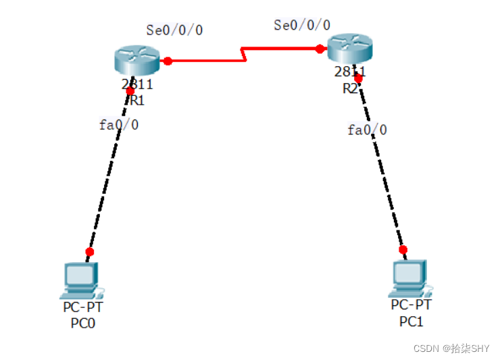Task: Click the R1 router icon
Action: coord(137,60)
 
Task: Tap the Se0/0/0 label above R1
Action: coord(174,30)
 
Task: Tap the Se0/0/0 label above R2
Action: coord(302,25)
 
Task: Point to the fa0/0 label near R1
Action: coord(119,124)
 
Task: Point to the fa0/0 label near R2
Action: coord(367,130)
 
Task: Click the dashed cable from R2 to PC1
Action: coord(382,169)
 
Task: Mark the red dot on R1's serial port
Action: coord(168,61)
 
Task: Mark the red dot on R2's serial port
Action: coord(320,49)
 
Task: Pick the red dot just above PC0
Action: coord(90,251)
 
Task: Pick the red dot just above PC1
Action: coord(403,249)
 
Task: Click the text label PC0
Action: coord(83,324)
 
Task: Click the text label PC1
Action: coord(411,322)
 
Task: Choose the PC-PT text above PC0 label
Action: coord(83,308)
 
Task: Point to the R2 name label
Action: coord(350,89)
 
